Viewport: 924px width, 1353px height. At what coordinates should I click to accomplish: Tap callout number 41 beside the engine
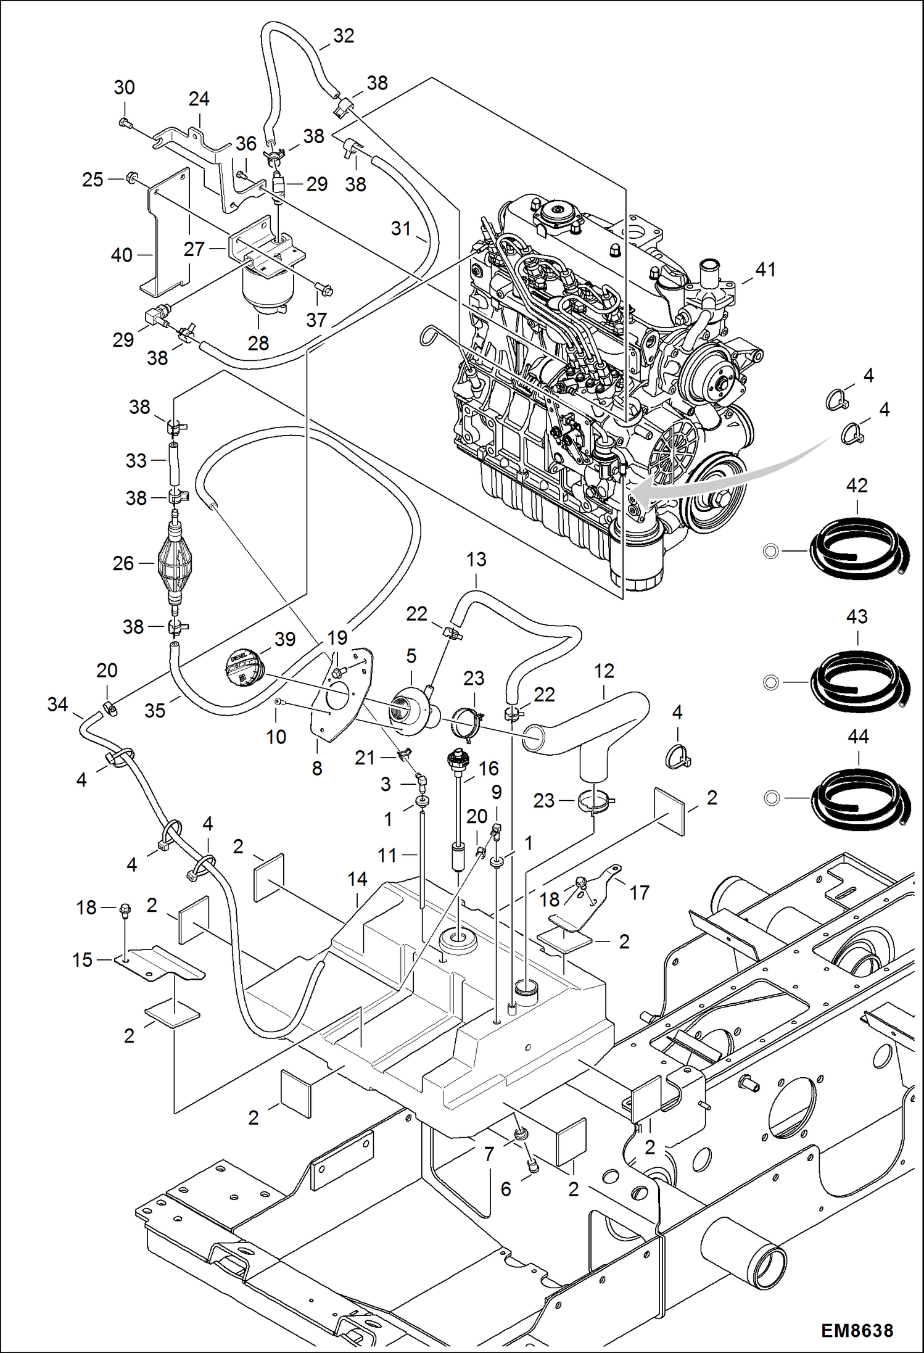pos(765,270)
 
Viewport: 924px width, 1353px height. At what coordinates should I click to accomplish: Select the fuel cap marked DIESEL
pos(245,667)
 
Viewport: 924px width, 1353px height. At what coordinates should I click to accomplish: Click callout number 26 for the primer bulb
pos(123,563)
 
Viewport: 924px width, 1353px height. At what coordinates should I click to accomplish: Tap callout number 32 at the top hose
pos(344,36)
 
